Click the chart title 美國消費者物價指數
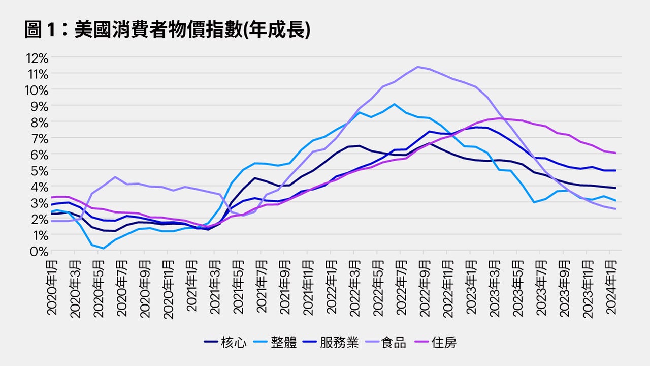point(167,30)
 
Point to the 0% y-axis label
point(39,251)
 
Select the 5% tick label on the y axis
point(39,170)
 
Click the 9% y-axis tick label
point(39,106)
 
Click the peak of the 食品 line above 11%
point(417,67)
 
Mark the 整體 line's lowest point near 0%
point(103,249)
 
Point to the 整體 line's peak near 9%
point(395,104)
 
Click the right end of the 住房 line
point(616,153)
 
